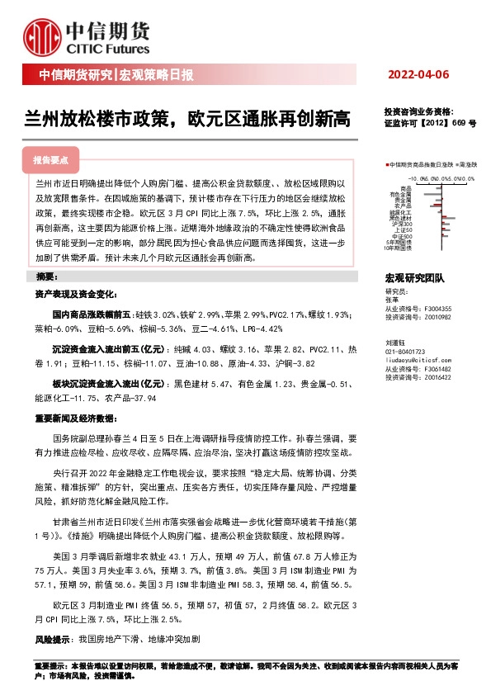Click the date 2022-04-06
pos(418,75)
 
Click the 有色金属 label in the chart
pos(399,194)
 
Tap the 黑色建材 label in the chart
pos(400,219)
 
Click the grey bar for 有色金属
pos(432,194)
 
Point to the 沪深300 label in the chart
pos(402,225)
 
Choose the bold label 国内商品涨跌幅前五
pos(92,314)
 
